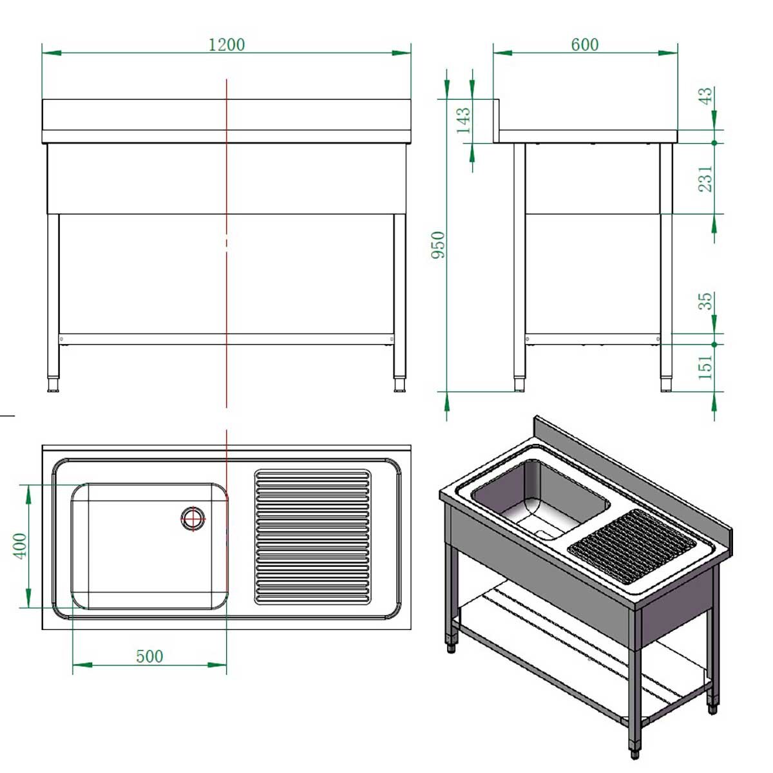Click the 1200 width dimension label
coord(227,44)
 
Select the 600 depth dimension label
coord(584,44)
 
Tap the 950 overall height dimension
coord(438,245)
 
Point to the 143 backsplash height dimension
coord(463,120)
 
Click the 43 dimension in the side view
coord(706,97)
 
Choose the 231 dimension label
coord(706,178)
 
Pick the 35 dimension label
coord(706,301)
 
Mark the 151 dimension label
coord(706,367)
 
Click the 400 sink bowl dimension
coord(21,546)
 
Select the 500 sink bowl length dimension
coord(149,656)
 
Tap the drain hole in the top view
coord(193,518)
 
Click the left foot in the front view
coord(53,385)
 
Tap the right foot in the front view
coord(400,385)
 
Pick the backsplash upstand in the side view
coord(497,120)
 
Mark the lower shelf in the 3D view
coord(580,651)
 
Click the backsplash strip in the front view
coord(227,115)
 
